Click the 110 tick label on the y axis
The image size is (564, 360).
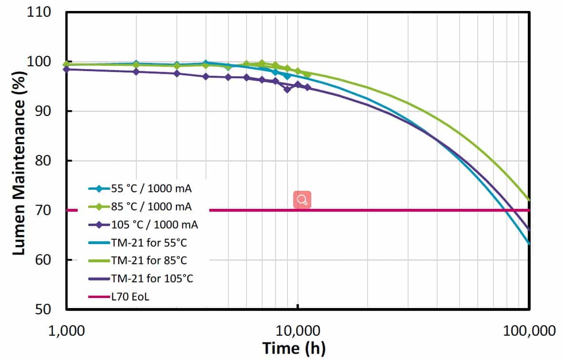pos(41,13)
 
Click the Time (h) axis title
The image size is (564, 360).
pos(294,348)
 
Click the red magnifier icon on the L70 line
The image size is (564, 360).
pos(302,199)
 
